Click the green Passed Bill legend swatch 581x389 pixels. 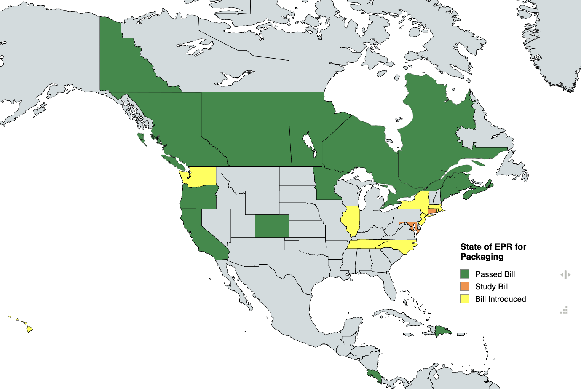click(x=464, y=274)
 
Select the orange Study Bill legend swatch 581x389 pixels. click(x=464, y=286)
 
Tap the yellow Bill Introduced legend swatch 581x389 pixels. click(x=464, y=299)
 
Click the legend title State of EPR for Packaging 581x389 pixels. click(x=493, y=252)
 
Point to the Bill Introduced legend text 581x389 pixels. click(x=500, y=299)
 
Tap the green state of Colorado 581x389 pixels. click(x=272, y=226)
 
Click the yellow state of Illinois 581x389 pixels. click(x=351, y=221)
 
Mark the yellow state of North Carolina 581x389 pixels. click(x=400, y=246)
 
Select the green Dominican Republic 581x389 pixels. click(x=443, y=331)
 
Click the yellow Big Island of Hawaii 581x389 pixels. click(x=29, y=329)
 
